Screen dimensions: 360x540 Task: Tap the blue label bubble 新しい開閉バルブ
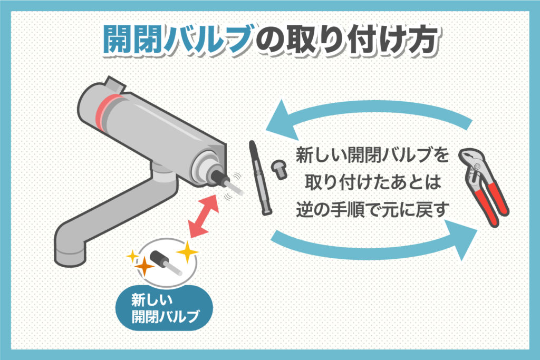[x=164, y=308]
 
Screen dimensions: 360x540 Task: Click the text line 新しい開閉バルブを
[x=372, y=156]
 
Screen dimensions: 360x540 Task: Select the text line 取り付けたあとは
[x=372, y=182]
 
